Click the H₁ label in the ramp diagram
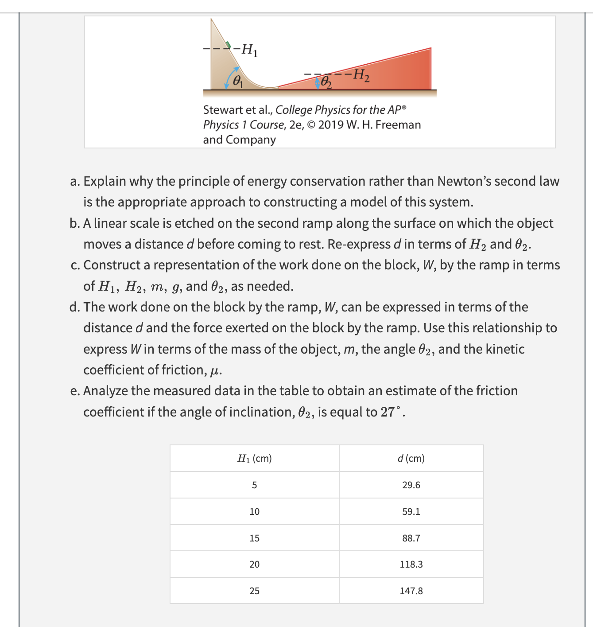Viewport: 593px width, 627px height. [250, 50]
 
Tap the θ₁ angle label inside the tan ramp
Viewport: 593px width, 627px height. [238, 82]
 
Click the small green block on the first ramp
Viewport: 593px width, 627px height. [228, 45]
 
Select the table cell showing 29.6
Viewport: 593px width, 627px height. [411, 485]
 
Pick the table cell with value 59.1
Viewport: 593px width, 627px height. [411, 512]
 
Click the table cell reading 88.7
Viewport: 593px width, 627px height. [411, 538]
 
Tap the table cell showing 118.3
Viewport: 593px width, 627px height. [411, 565]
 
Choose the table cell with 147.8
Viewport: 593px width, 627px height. [411, 591]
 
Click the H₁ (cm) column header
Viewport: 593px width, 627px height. [255, 459]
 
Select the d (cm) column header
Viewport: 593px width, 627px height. [411, 459]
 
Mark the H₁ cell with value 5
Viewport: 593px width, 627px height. [254, 485]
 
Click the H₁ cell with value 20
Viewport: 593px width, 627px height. [254, 565]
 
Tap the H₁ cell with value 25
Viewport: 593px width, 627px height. [254, 591]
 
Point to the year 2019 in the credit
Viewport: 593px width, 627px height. [331, 125]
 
